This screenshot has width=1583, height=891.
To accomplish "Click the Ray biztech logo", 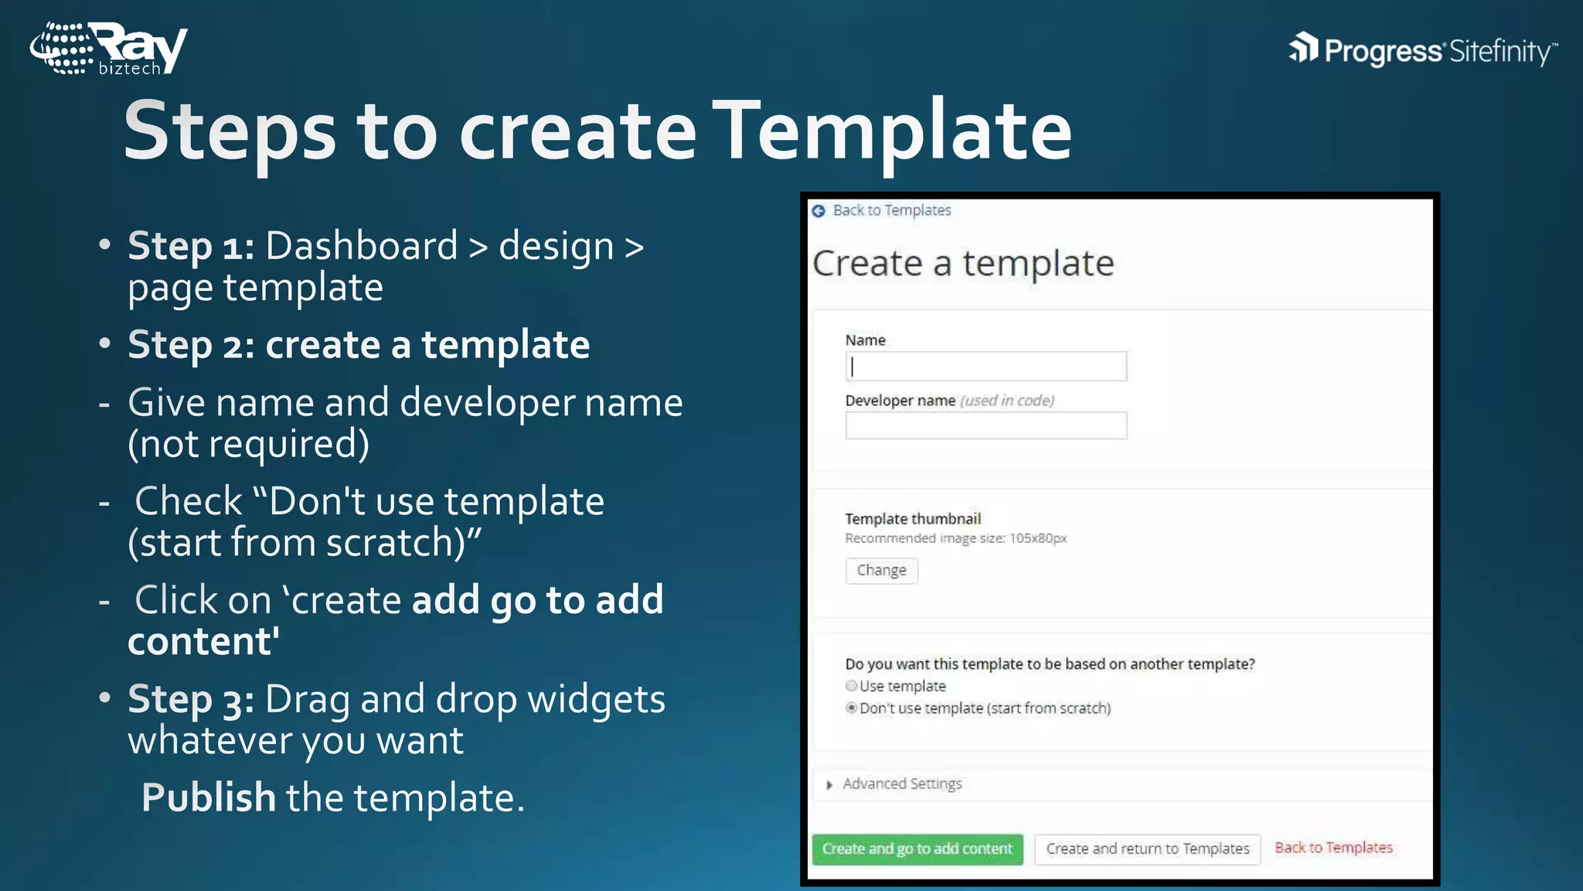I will click(108, 49).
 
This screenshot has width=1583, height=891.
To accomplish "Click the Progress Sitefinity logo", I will click(1422, 50).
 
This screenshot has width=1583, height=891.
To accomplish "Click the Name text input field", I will click(986, 367).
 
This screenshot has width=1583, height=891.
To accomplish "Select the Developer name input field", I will click(986, 426).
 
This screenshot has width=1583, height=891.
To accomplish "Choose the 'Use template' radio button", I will click(852, 686).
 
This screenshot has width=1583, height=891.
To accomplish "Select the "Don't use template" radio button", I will click(852, 708).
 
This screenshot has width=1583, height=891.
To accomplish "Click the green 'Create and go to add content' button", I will click(917, 849).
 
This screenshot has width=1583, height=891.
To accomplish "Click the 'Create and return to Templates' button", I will click(1147, 849).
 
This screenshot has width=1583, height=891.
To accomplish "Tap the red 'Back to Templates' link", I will click(1333, 848).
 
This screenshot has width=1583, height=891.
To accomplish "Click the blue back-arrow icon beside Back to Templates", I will click(819, 211).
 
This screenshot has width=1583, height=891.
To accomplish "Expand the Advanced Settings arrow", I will click(829, 785).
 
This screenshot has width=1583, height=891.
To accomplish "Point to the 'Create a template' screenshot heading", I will click(963, 264).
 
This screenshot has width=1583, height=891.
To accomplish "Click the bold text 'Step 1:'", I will click(191, 247).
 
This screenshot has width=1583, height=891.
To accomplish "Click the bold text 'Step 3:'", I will click(191, 700).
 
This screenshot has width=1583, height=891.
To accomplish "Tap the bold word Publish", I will click(209, 797).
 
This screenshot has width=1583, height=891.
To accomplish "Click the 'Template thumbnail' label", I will click(913, 519).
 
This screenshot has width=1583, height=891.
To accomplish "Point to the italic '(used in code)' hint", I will click(1007, 401).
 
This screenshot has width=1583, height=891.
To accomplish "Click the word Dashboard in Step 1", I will click(362, 247).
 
